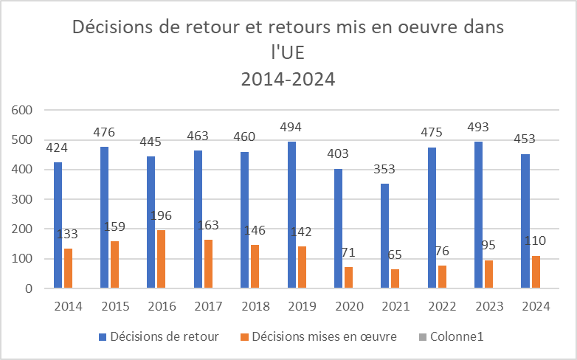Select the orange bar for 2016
click(161, 259)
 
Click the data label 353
click(384, 170)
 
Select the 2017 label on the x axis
click(207, 305)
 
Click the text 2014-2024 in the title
click(288, 78)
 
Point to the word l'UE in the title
click(288, 53)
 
